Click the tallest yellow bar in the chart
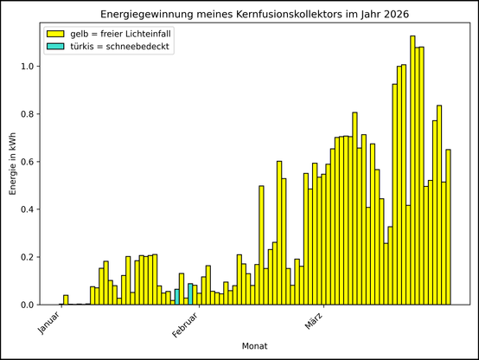pos(412,173)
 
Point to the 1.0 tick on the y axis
pos(28,67)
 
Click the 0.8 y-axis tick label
pos(28,114)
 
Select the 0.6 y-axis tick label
pos(28,162)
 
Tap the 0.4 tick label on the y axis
pos(28,209)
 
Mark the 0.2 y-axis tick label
pos(28,257)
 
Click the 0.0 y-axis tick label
pos(28,305)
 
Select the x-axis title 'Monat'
pos(255,346)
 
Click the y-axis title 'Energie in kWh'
pos(12,163)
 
